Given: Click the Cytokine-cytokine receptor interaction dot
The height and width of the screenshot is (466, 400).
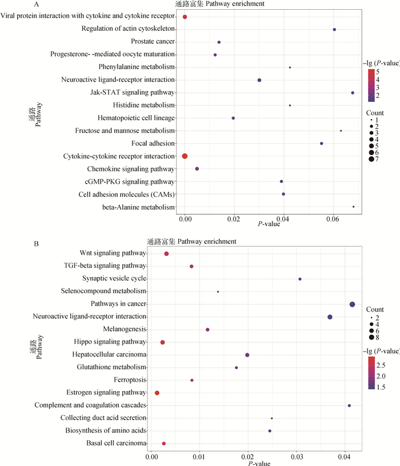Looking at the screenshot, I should point(185,156).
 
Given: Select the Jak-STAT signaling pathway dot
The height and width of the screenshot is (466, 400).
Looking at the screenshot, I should point(353,93).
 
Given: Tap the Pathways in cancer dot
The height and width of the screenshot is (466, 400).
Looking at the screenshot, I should point(352,304).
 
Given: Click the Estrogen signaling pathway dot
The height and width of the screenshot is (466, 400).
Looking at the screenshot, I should point(157,393).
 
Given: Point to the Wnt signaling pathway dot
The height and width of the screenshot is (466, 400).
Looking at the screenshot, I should point(166,254).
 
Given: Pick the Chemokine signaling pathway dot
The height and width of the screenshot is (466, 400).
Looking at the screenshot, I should point(197,169).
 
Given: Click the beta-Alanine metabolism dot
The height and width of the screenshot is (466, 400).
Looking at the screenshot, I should point(354,207).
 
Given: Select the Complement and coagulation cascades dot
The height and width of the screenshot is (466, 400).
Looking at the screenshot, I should point(349,405).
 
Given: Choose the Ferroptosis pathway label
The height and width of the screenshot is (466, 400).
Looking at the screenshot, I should point(131,380).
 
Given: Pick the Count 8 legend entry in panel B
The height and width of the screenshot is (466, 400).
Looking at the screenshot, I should point(372,337).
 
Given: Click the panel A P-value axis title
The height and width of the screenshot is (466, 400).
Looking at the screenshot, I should point(269,224).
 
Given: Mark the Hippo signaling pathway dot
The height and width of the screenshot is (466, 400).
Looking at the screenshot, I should point(162,342).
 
